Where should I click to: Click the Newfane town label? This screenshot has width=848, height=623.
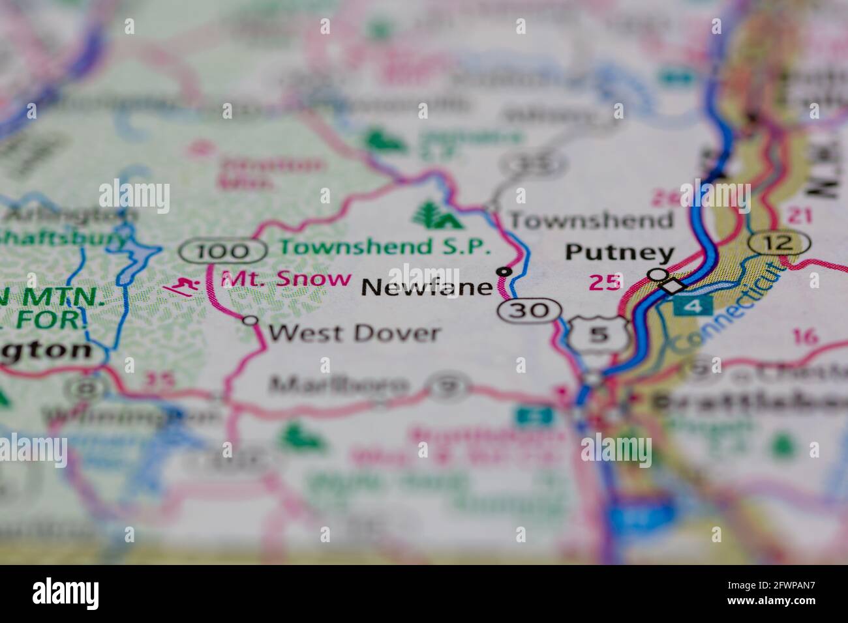(426, 287)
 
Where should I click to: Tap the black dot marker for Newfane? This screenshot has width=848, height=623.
(504, 271)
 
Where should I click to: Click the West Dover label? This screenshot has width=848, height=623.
(354, 333)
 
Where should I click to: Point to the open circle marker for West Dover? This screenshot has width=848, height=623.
(249, 320)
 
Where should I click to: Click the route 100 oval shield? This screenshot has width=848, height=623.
(223, 250)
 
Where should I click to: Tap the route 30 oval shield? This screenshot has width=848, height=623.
(529, 310)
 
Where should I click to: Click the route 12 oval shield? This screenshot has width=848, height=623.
(780, 243)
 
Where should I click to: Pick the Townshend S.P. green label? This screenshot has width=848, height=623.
(385, 247)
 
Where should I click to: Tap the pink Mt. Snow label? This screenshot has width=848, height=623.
(286, 279)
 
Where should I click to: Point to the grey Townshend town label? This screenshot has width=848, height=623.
(591, 220)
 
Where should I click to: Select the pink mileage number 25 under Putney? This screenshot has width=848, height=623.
(603, 282)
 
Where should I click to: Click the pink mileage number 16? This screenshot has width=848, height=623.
(805, 336)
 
